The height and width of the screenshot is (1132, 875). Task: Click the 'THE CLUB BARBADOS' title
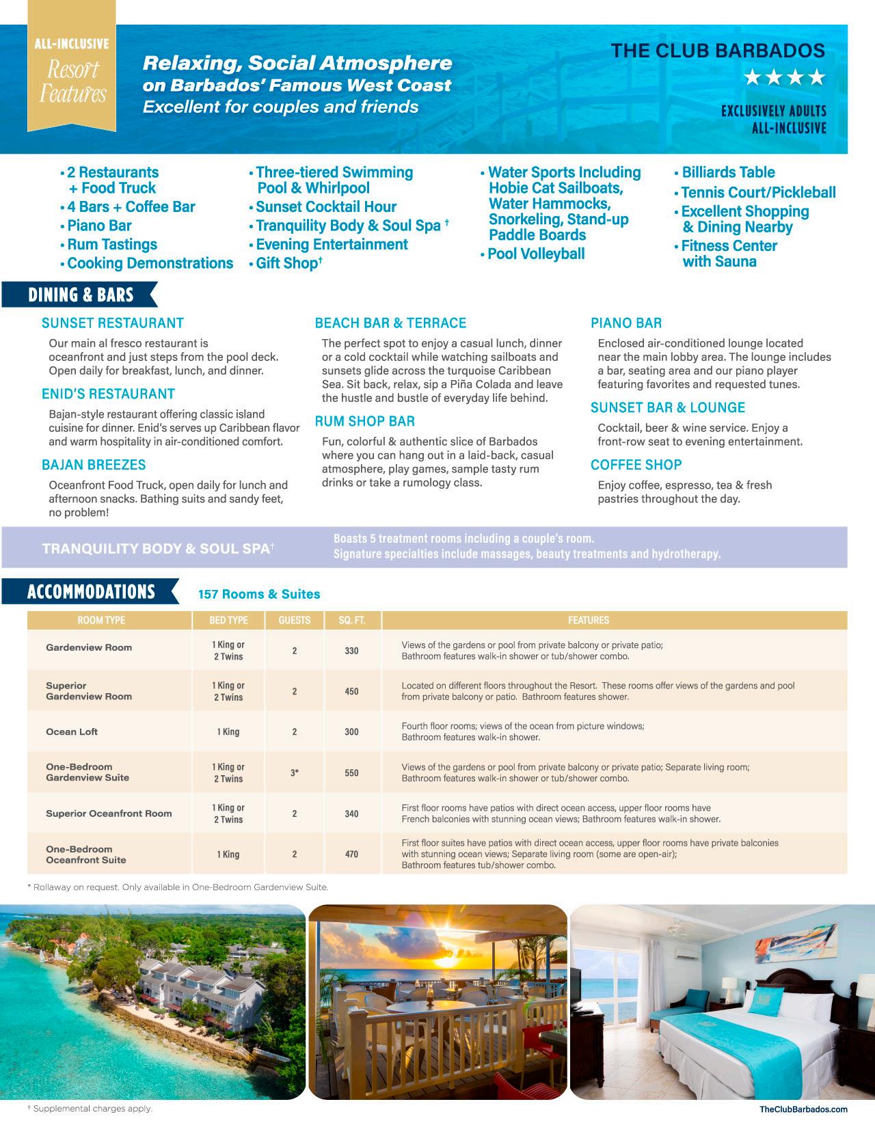click(718, 51)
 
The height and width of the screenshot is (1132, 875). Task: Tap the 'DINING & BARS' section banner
click(81, 295)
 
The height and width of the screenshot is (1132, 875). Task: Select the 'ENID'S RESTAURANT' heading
click(108, 394)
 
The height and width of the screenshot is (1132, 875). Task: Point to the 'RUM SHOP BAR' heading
click(364, 421)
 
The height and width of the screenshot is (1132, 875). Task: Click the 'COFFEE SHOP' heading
click(636, 465)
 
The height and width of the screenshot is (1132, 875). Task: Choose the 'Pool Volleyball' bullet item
click(536, 254)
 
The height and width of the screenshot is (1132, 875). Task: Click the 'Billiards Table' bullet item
click(728, 172)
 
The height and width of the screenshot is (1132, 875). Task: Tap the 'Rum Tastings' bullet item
click(112, 245)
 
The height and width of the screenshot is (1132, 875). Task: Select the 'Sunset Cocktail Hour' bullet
click(325, 207)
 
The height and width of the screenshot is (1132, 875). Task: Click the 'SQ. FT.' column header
click(351, 621)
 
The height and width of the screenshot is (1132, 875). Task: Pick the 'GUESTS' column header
click(295, 621)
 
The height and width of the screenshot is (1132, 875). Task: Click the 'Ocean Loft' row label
click(72, 731)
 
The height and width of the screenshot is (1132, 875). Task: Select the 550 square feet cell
click(351, 773)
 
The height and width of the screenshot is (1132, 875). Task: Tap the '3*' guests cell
click(295, 773)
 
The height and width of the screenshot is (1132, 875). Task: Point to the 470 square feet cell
click(351, 854)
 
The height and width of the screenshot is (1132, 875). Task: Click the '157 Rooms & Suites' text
click(259, 595)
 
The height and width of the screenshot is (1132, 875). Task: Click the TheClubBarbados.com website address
click(803, 1109)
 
